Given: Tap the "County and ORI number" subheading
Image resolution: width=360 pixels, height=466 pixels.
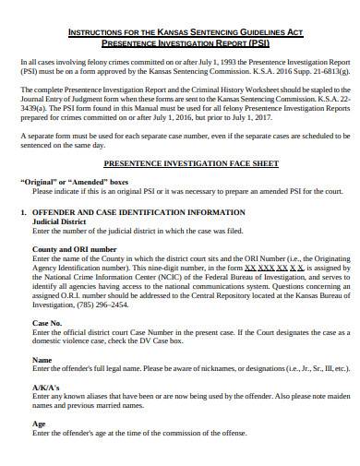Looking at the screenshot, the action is pos(74,249).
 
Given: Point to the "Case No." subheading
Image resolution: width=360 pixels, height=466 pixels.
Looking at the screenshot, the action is pos(46,322).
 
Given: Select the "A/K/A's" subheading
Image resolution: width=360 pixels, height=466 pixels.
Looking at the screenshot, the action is pos(45,386).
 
